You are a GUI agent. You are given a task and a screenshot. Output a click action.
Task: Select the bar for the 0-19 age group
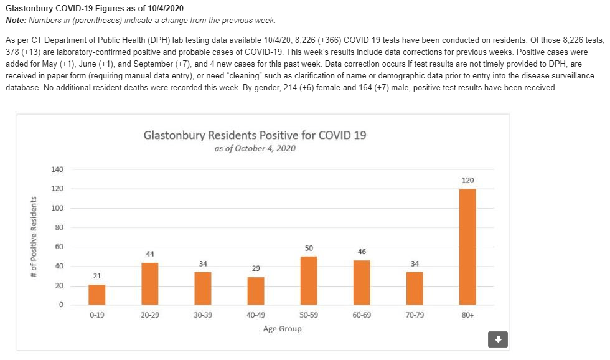(96, 295)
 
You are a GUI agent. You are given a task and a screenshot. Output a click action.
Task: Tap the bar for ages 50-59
(309, 280)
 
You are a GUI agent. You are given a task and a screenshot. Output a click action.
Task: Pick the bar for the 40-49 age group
(256, 291)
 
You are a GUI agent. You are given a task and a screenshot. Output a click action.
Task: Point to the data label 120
(467, 181)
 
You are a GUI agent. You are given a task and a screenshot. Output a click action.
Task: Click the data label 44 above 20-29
(150, 254)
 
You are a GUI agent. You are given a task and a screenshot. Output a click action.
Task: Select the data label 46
(362, 252)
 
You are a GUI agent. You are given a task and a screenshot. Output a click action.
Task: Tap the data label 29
(256, 268)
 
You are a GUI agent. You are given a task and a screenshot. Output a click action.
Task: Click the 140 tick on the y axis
(58, 169)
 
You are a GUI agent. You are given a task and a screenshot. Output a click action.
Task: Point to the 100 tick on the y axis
(58, 208)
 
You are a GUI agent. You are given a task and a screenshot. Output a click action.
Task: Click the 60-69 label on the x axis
(362, 315)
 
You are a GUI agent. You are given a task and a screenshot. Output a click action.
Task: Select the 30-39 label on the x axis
(203, 315)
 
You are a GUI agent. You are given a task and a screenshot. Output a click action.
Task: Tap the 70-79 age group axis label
(415, 315)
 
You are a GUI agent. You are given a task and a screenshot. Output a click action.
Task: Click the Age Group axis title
(282, 329)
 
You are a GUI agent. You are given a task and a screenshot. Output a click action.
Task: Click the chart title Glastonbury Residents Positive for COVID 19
(255, 135)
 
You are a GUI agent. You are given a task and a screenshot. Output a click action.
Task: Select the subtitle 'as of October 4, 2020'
(255, 149)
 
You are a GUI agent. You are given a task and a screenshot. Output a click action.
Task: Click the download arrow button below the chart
(498, 339)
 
